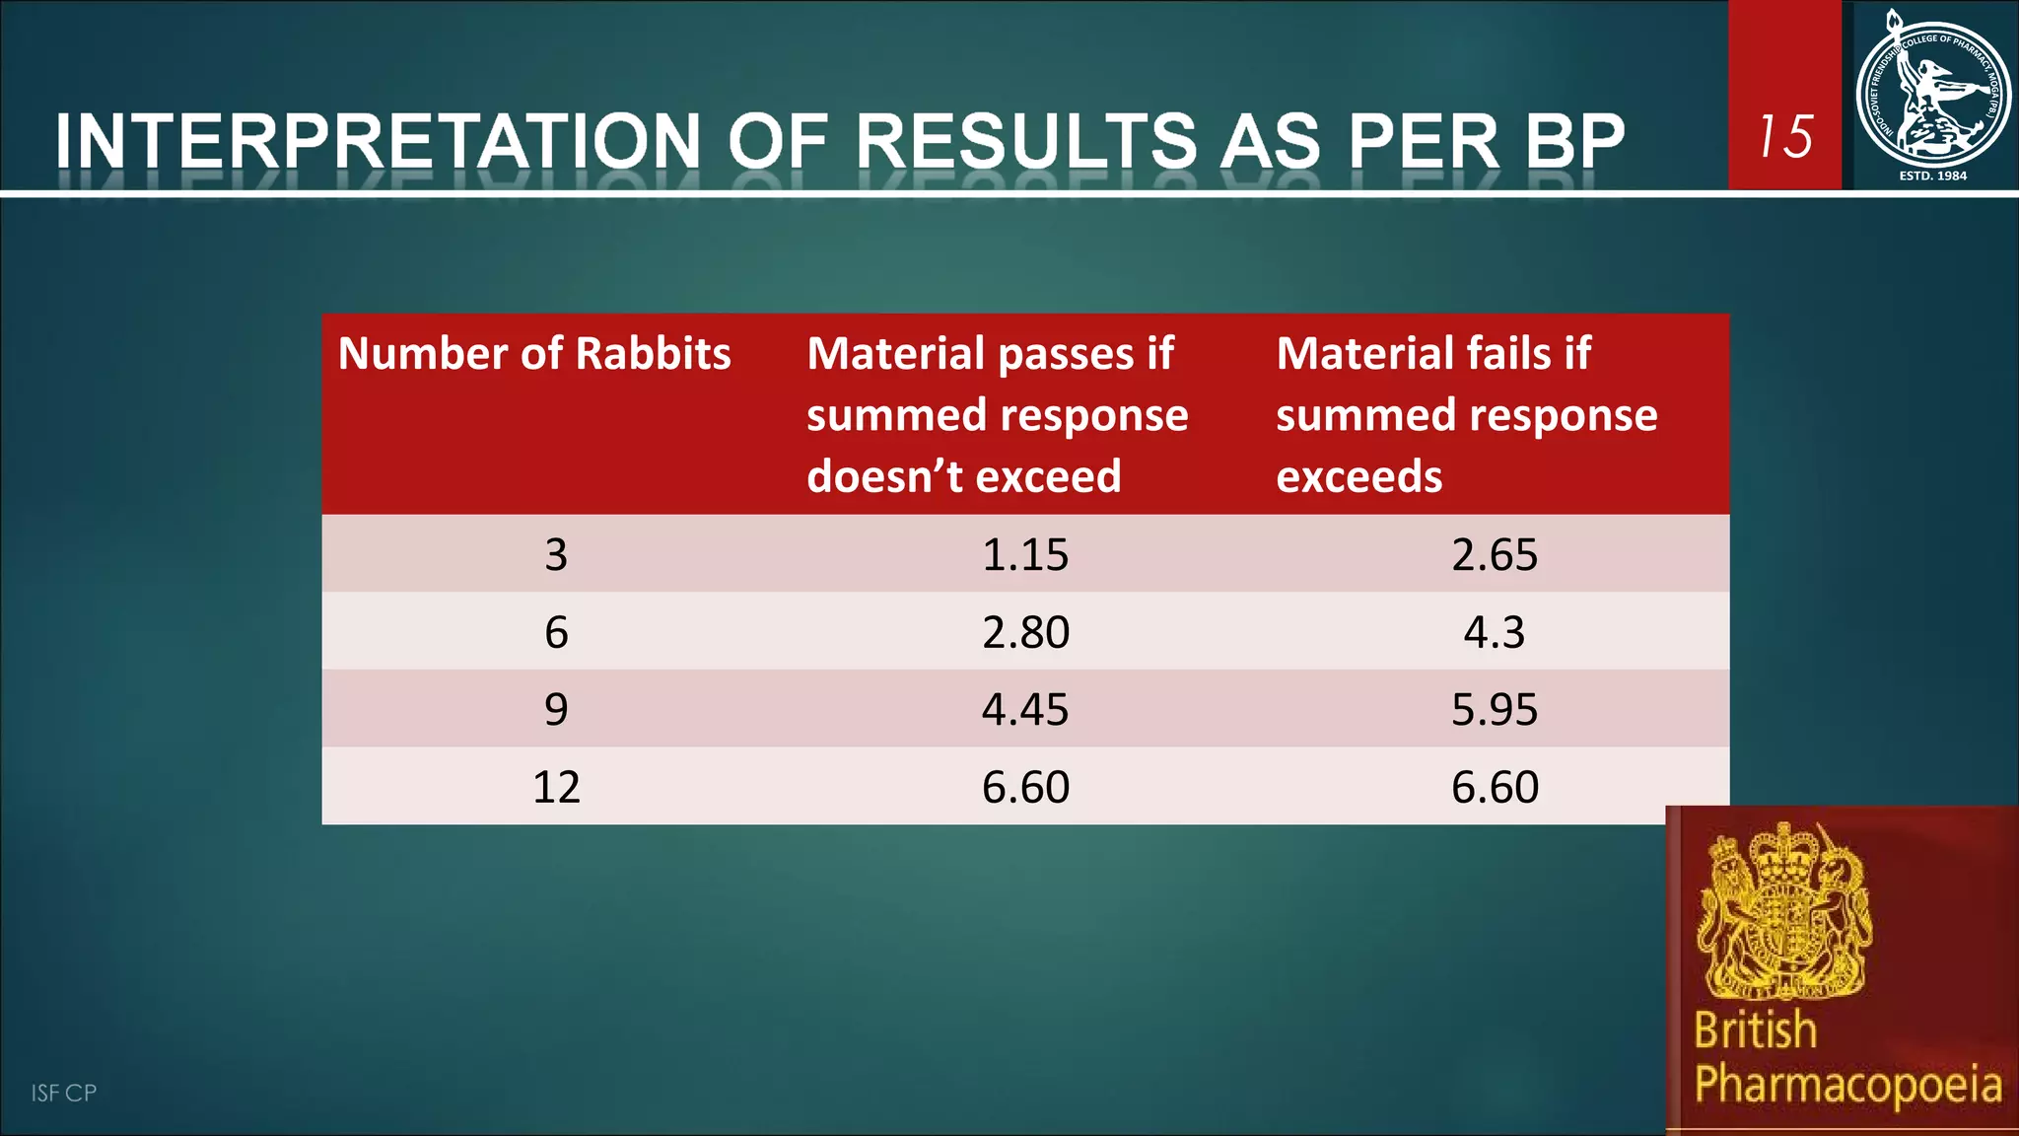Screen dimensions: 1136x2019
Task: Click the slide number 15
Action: pos(1785,136)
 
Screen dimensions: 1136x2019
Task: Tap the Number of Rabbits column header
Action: pos(534,353)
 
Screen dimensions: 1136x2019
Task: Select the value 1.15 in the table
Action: pos(1025,554)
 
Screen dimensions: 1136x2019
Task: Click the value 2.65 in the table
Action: pos(1495,554)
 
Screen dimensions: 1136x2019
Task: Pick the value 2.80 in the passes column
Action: pos(1025,632)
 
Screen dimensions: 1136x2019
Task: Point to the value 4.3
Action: pos(1495,632)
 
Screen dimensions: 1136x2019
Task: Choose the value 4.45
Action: pos(1025,709)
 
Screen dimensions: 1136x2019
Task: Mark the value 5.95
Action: pos(1495,709)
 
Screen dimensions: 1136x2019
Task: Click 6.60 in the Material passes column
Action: pos(1025,787)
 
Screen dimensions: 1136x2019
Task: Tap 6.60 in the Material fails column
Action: pos(1495,787)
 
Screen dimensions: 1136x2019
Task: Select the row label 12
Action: pos(556,787)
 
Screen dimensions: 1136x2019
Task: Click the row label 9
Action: pos(556,709)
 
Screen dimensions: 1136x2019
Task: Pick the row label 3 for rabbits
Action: pos(556,554)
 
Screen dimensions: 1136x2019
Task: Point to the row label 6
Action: pos(556,632)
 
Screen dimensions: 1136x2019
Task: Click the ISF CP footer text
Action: pos(64,1093)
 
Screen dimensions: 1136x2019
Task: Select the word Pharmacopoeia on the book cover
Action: pos(1847,1083)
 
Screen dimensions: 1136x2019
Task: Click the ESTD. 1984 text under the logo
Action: pos(1932,176)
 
